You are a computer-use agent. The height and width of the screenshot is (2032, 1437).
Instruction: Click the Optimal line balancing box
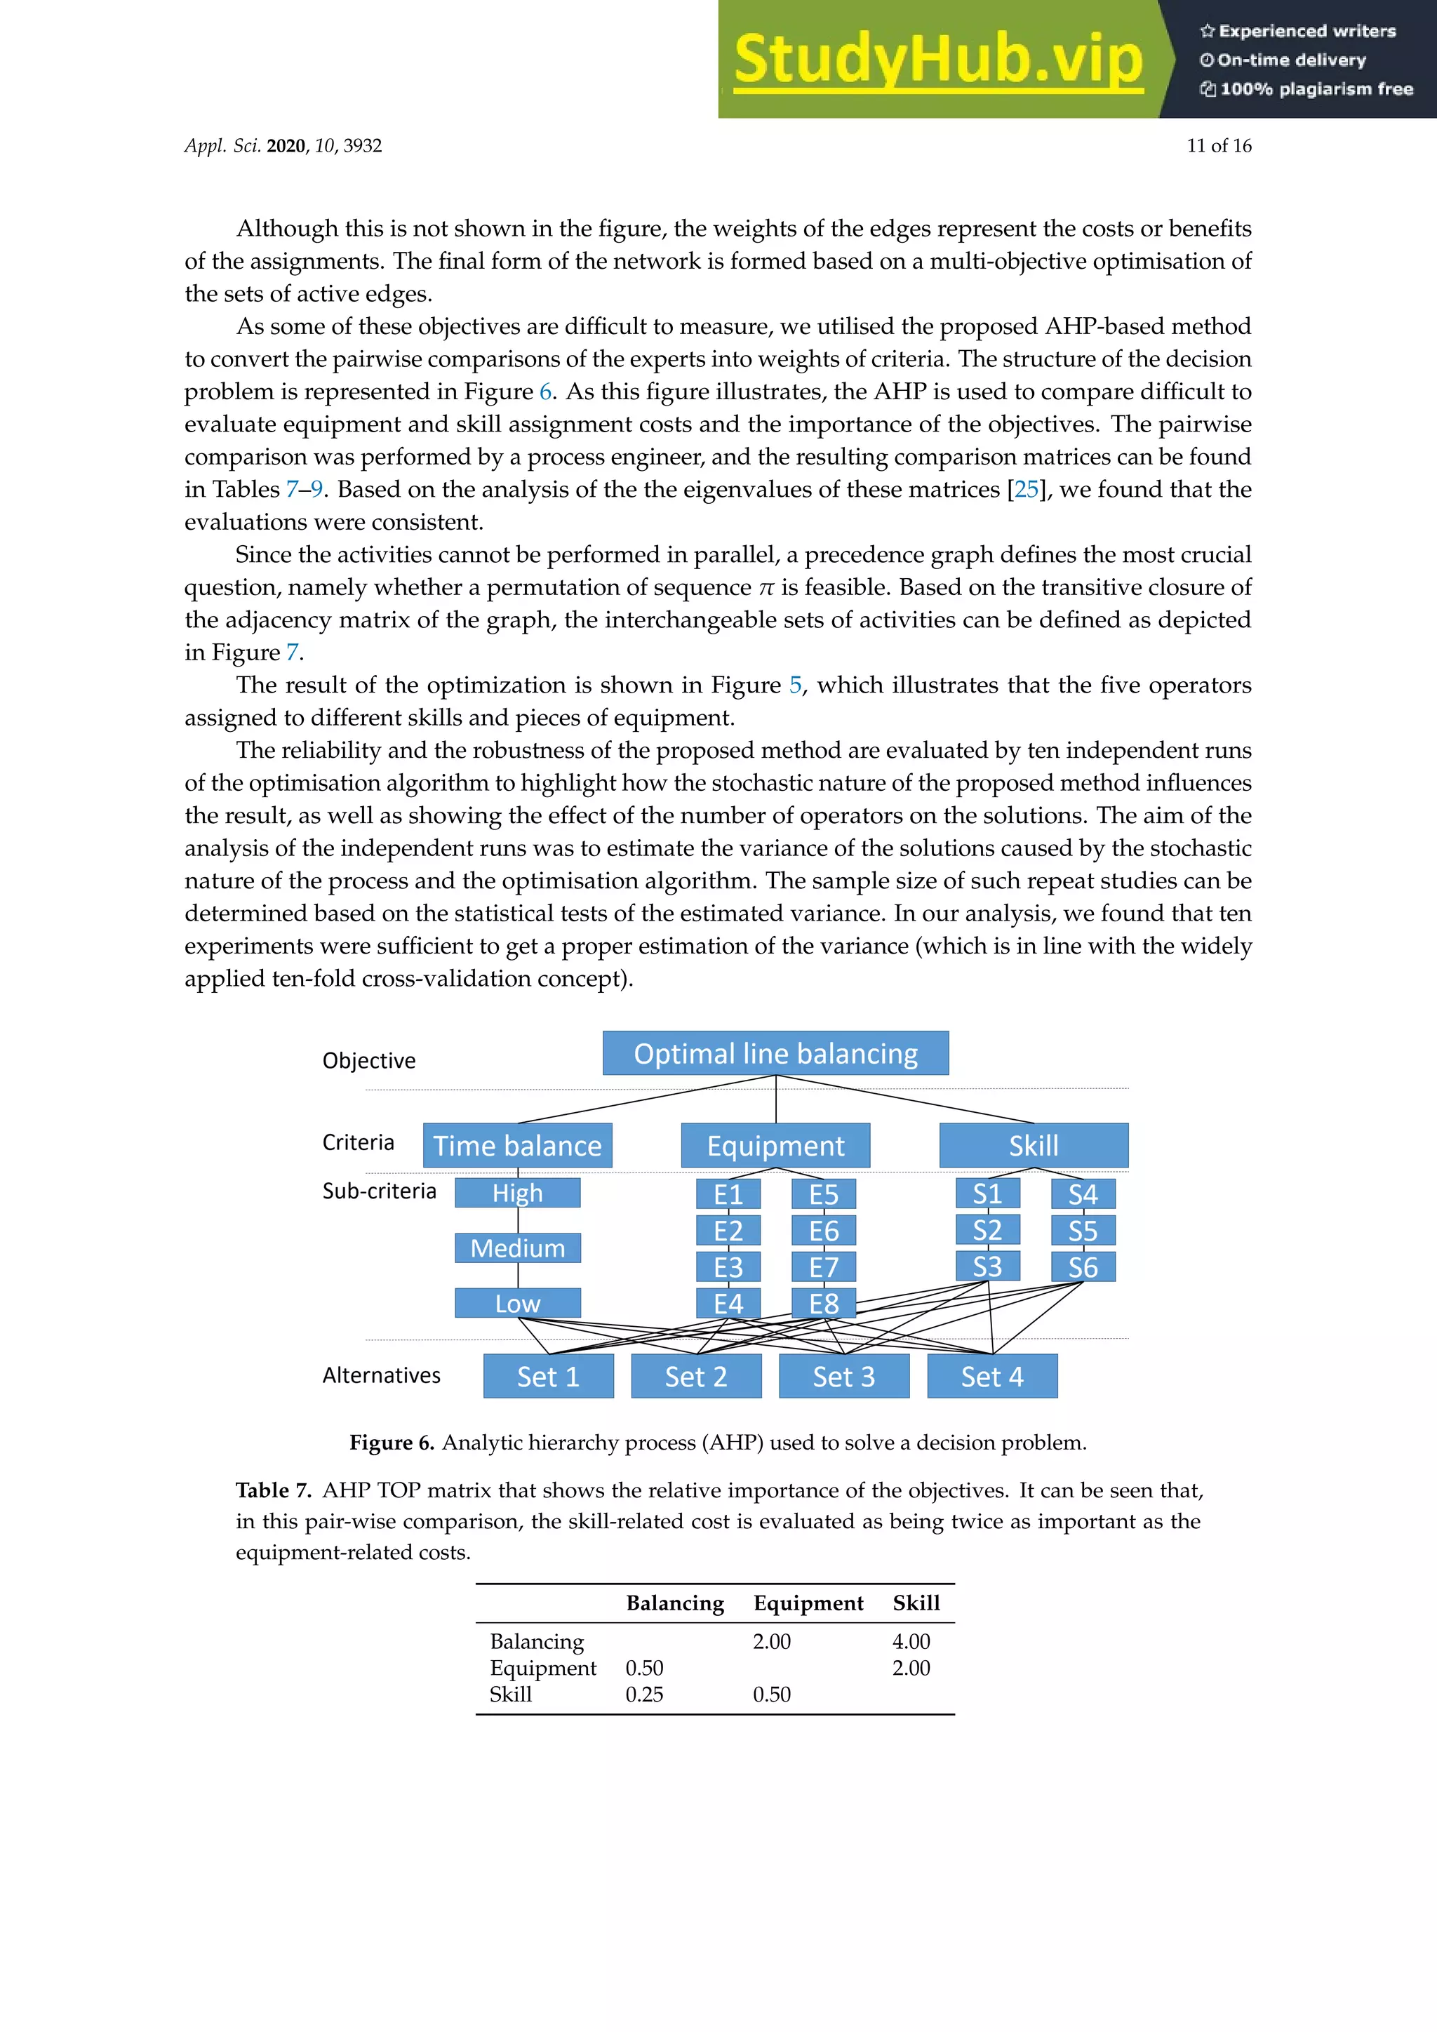pyautogui.click(x=775, y=1053)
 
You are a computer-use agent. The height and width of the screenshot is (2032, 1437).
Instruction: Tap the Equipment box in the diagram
pyautogui.click(x=775, y=1145)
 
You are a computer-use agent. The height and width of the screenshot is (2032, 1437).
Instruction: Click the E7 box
pyautogui.click(x=823, y=1267)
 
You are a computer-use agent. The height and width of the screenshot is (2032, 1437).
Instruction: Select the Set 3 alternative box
pyautogui.click(x=843, y=1376)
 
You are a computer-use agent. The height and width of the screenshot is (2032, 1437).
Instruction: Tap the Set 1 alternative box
pyautogui.click(x=548, y=1376)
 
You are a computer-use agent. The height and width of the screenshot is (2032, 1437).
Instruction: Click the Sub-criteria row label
pyautogui.click(x=379, y=1191)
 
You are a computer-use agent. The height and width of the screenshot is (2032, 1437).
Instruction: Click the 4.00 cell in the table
pyautogui.click(x=911, y=1642)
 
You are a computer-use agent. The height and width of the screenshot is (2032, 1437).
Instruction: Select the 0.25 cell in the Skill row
pyautogui.click(x=643, y=1695)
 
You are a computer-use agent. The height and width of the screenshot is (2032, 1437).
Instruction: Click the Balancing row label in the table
pyautogui.click(x=536, y=1642)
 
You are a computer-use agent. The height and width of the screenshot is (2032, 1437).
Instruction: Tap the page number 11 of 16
pyautogui.click(x=1219, y=146)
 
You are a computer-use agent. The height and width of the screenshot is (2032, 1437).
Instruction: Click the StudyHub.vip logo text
pyautogui.click(x=938, y=60)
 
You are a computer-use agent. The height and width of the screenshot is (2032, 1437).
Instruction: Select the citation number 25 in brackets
pyautogui.click(x=1026, y=490)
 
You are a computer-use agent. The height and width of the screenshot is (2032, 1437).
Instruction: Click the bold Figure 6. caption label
pyautogui.click(x=391, y=1443)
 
